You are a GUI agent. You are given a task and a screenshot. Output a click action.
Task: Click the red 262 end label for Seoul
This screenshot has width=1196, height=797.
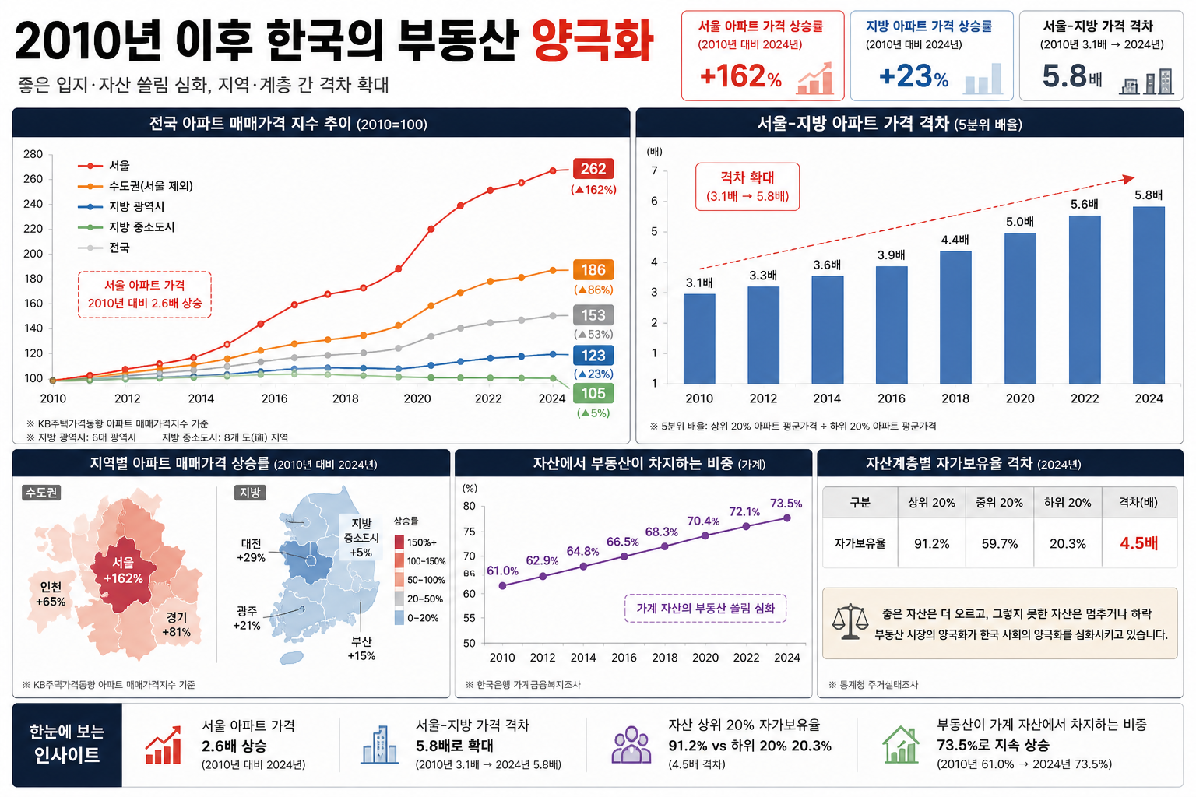point(593,169)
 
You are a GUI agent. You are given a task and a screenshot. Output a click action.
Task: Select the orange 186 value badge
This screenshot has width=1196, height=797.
point(593,269)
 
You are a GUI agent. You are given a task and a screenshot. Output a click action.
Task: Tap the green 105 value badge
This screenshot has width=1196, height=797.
point(593,393)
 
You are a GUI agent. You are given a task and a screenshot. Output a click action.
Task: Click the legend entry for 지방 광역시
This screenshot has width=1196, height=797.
point(121,206)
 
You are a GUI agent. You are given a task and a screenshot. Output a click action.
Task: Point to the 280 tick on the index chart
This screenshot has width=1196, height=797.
point(33,154)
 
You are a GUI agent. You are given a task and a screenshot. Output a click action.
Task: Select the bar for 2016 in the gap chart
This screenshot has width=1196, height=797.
point(891,325)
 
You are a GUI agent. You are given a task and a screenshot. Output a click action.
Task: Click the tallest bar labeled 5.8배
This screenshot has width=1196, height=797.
point(1149,295)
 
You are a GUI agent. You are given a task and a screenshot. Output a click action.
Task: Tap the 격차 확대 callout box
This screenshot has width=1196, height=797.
point(747,187)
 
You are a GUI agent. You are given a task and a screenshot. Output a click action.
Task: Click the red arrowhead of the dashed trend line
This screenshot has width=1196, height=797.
point(1127,179)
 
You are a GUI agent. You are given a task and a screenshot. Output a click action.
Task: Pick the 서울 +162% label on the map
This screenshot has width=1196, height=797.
point(123,571)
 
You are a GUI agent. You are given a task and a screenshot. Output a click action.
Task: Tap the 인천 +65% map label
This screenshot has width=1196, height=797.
point(51,594)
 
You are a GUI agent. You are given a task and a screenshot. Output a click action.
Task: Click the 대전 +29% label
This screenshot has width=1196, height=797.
point(251,550)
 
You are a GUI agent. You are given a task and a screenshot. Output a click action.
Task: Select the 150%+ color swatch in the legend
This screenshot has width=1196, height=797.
point(399,542)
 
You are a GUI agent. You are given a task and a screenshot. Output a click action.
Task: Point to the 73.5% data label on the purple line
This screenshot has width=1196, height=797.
point(786,504)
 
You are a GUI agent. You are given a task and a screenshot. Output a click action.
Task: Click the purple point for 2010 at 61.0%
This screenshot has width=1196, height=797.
point(502,585)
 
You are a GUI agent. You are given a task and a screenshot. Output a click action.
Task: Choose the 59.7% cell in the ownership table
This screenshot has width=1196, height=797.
point(1000,543)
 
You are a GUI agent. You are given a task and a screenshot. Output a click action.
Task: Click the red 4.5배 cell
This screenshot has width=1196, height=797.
point(1139,543)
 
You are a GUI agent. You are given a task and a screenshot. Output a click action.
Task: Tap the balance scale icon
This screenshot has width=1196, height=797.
point(850,622)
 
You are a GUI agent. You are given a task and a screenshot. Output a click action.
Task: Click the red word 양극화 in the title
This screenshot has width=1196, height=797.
point(592,40)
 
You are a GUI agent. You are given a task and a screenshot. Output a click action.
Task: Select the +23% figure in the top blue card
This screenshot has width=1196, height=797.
point(913,76)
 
